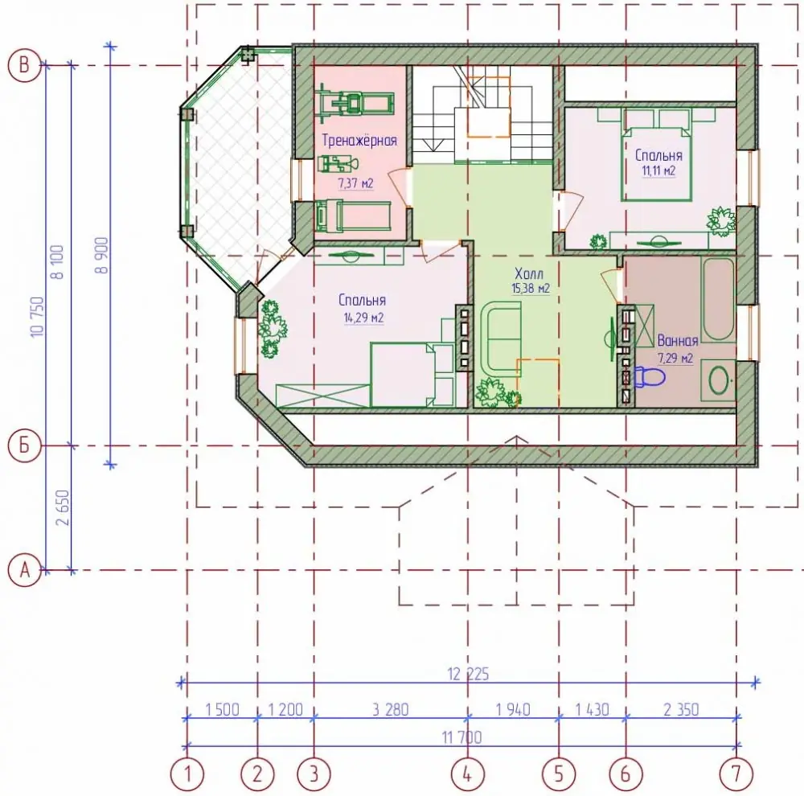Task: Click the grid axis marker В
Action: tap(24, 65)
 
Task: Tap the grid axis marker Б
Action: tap(24, 445)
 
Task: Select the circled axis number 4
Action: tap(467, 773)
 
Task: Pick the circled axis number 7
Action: tap(736, 773)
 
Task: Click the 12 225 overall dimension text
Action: tap(468, 674)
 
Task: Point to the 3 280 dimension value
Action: tap(391, 710)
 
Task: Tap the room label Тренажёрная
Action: tap(359, 140)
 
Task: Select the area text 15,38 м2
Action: tap(531, 288)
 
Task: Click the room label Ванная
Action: tap(677, 341)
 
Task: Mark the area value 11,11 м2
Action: tap(658, 170)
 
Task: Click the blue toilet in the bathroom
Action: tap(650, 377)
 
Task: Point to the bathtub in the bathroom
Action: tap(719, 300)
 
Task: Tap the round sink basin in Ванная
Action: tap(718, 380)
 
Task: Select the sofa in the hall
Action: tap(501, 335)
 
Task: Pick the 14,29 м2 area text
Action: tap(363, 318)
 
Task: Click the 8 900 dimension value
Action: tap(102, 256)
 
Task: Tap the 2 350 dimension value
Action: tap(681, 710)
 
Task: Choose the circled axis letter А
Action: tap(24, 570)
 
